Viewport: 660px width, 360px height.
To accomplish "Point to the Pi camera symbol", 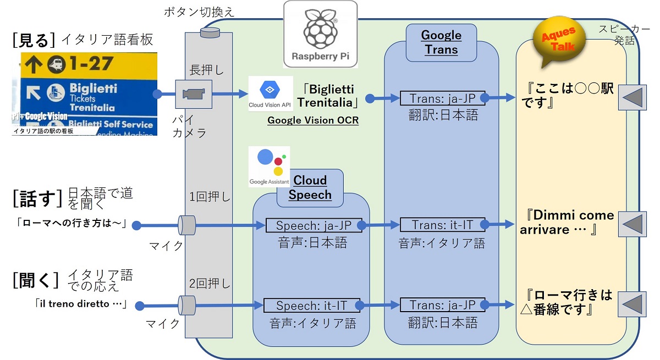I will click(194, 94).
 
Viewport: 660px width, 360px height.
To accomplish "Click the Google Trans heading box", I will click(441, 42).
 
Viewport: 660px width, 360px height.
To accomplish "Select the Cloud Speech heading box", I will click(310, 187).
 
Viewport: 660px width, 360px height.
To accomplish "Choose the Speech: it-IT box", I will click(312, 305).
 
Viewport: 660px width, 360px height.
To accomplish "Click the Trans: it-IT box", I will click(443, 225).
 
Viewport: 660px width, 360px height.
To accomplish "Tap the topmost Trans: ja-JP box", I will click(443, 98).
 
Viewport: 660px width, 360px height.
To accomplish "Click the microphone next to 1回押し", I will click(188, 225).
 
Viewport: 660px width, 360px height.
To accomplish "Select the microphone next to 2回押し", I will click(188, 304).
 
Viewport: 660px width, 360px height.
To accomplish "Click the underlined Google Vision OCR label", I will click(313, 120).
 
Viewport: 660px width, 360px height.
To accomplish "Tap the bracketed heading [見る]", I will click(33, 40).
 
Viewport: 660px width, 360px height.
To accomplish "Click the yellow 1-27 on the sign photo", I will click(89, 64).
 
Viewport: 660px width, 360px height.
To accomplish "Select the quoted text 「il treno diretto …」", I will click(80, 304).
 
